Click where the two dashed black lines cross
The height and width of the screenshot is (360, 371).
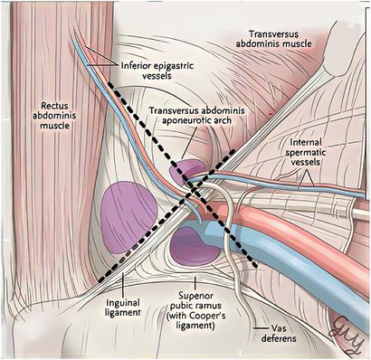194,194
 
